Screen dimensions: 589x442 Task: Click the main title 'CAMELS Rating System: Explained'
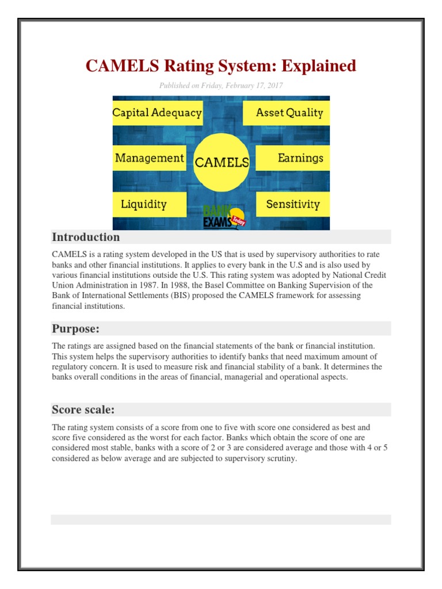click(221, 66)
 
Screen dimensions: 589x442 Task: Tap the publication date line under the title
click(221, 86)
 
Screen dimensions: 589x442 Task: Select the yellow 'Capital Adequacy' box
click(157, 113)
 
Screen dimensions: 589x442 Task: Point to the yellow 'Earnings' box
click(293, 158)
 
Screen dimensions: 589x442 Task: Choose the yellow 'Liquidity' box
click(150, 204)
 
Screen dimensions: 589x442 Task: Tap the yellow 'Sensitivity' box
click(292, 204)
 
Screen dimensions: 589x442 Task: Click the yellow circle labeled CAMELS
click(222, 162)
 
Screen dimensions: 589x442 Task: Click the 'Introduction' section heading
click(86, 237)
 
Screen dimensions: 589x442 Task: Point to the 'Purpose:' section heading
click(76, 329)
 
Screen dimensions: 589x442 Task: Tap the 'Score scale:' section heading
click(83, 410)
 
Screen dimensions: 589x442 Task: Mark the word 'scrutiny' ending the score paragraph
click(279, 459)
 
